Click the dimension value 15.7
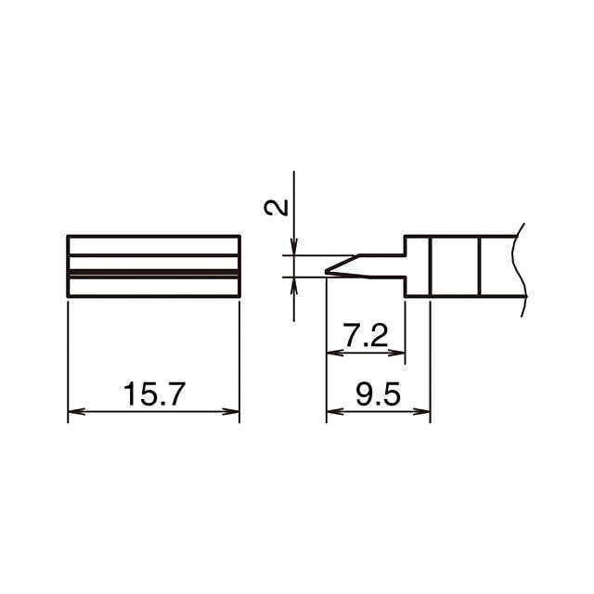coord(154,394)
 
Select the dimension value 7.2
coord(365,335)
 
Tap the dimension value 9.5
coord(378,394)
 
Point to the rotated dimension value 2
coord(276,208)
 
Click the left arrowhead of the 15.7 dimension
coord(76,411)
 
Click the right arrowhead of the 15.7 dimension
coord(231,411)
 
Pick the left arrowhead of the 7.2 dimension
coord(335,353)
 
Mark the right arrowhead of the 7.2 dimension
coord(396,353)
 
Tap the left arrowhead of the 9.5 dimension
coord(335,411)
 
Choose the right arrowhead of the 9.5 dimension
coord(421,411)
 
